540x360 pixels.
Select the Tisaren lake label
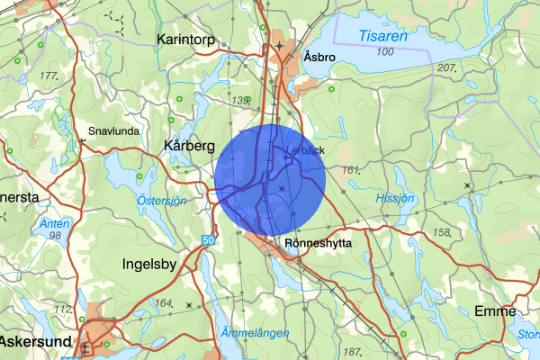pyautogui.click(x=382, y=37)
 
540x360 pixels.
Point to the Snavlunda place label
pyautogui.click(x=113, y=130)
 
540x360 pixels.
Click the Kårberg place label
pyautogui.click(x=190, y=145)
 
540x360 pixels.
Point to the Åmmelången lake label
pyautogui.click(x=255, y=333)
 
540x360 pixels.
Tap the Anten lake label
pyautogui.click(x=49, y=223)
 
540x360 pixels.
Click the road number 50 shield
pyautogui.click(x=208, y=240)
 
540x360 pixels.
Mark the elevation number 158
pyautogui.click(x=442, y=232)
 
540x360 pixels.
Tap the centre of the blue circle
pyautogui.click(x=270, y=180)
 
